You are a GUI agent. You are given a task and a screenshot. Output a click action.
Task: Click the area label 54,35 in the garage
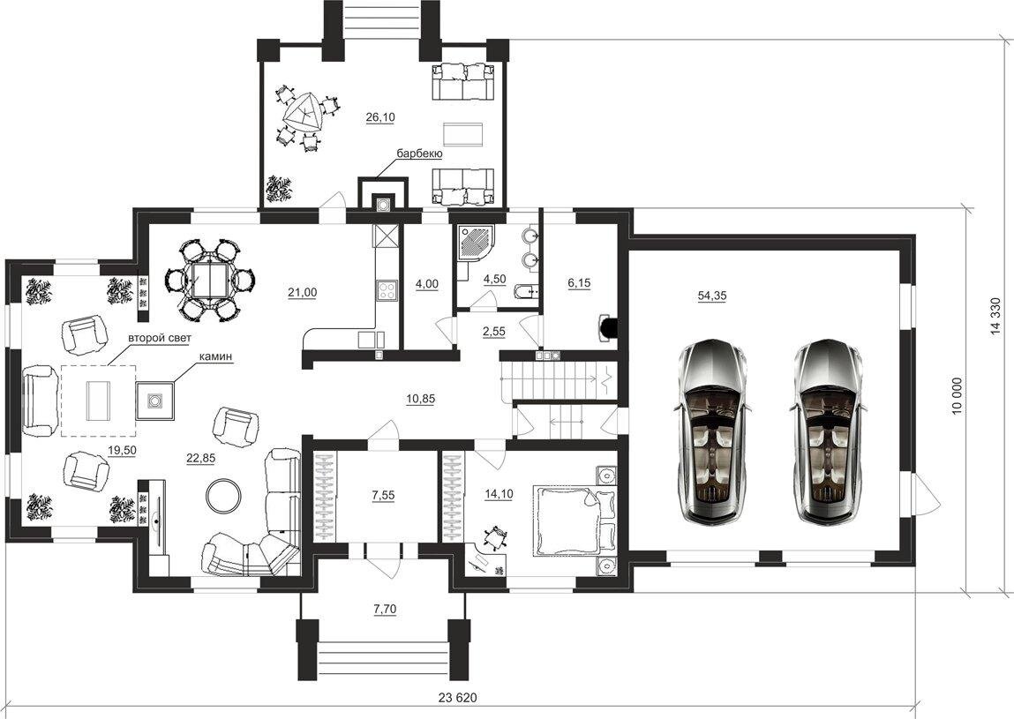(712, 296)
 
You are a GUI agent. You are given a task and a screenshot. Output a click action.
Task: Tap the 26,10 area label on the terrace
(380, 117)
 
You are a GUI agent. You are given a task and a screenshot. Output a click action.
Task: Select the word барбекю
(419, 154)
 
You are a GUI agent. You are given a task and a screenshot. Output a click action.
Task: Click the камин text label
(215, 356)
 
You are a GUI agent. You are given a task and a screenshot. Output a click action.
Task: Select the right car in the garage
(826, 432)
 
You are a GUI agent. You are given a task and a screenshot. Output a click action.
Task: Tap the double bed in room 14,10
(574, 520)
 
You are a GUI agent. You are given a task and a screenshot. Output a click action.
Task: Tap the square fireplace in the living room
(155, 401)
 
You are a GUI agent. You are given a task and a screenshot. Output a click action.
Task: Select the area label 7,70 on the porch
(385, 609)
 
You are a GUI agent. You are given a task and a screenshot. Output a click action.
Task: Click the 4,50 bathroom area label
(494, 280)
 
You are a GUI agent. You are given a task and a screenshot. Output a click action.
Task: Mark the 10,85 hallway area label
(420, 399)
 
